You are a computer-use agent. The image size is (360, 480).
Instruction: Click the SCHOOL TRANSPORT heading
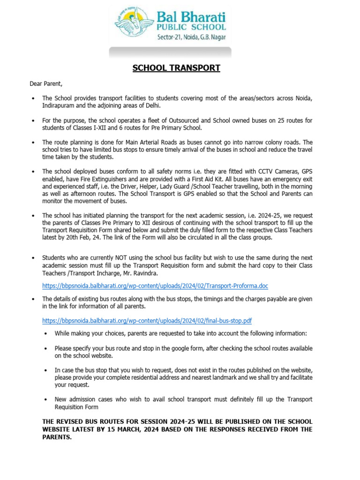(176, 68)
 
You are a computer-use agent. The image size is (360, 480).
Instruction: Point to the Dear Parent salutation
(46, 84)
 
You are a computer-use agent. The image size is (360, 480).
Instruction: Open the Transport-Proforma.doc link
(155, 285)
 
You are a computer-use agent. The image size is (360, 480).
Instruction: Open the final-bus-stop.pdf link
(147, 321)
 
